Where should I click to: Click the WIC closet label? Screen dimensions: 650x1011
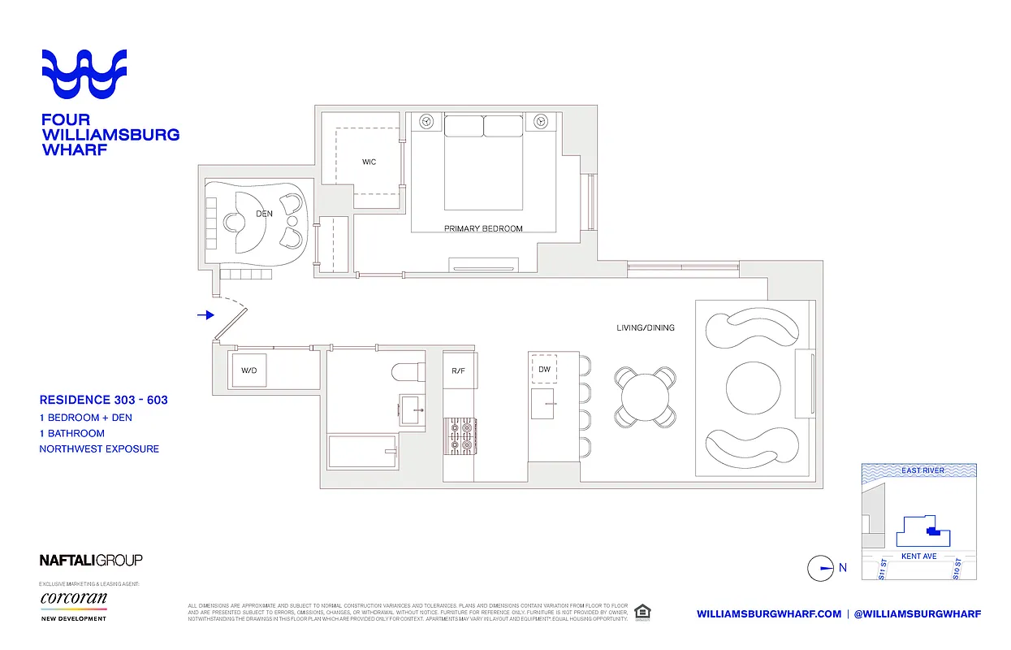[x=369, y=162]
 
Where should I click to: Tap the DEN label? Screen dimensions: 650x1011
[x=263, y=214]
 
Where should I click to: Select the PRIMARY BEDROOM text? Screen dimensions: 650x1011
[x=483, y=229]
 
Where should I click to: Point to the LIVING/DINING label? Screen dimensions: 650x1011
[x=645, y=328]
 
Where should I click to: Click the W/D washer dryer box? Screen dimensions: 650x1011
[x=248, y=370]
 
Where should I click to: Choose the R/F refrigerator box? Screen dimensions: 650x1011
[x=460, y=370]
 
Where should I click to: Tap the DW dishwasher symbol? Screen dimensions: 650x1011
[x=544, y=370]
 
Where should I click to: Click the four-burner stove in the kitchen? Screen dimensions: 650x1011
[x=460, y=435]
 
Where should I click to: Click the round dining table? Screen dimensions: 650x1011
[x=646, y=396]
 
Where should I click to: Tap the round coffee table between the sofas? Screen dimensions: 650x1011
[x=752, y=389]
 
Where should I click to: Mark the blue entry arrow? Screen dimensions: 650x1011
[x=205, y=314]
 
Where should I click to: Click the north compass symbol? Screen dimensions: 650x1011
[x=820, y=568]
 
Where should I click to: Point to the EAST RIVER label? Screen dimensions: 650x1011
[x=922, y=470]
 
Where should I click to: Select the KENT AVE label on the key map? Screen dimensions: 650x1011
[x=918, y=557]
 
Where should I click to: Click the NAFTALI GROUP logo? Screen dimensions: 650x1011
[x=91, y=560]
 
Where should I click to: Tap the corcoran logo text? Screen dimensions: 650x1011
[x=73, y=598]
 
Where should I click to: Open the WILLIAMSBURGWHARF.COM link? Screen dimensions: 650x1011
[x=768, y=613]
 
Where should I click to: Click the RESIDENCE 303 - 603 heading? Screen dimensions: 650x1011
[x=103, y=400]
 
